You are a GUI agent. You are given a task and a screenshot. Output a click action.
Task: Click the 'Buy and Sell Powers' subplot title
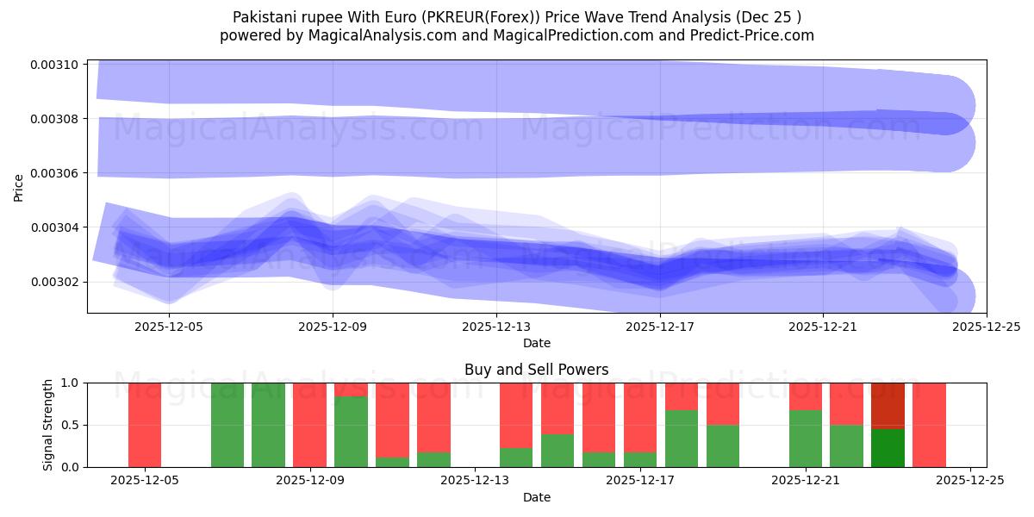click(536, 370)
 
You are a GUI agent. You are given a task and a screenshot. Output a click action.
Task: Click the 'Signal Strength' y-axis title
click(49, 425)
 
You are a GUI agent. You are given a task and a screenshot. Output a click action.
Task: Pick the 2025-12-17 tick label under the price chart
click(659, 327)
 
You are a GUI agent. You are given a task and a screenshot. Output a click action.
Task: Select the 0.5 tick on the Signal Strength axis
click(69, 425)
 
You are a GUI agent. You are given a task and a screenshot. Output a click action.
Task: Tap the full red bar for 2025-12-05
click(145, 425)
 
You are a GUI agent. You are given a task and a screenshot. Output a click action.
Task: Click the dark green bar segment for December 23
click(888, 448)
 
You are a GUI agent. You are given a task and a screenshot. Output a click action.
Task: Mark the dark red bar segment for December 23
click(888, 405)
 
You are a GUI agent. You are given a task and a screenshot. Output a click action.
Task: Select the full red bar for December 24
click(929, 425)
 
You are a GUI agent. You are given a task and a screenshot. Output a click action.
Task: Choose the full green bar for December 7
click(227, 425)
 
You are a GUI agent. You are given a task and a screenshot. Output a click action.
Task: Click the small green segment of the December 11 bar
click(392, 462)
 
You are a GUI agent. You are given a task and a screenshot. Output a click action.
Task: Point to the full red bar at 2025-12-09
click(309, 425)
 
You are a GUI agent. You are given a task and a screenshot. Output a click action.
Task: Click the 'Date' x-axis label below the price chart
click(536, 343)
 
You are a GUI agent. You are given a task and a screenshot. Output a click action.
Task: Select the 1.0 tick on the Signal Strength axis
click(69, 383)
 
